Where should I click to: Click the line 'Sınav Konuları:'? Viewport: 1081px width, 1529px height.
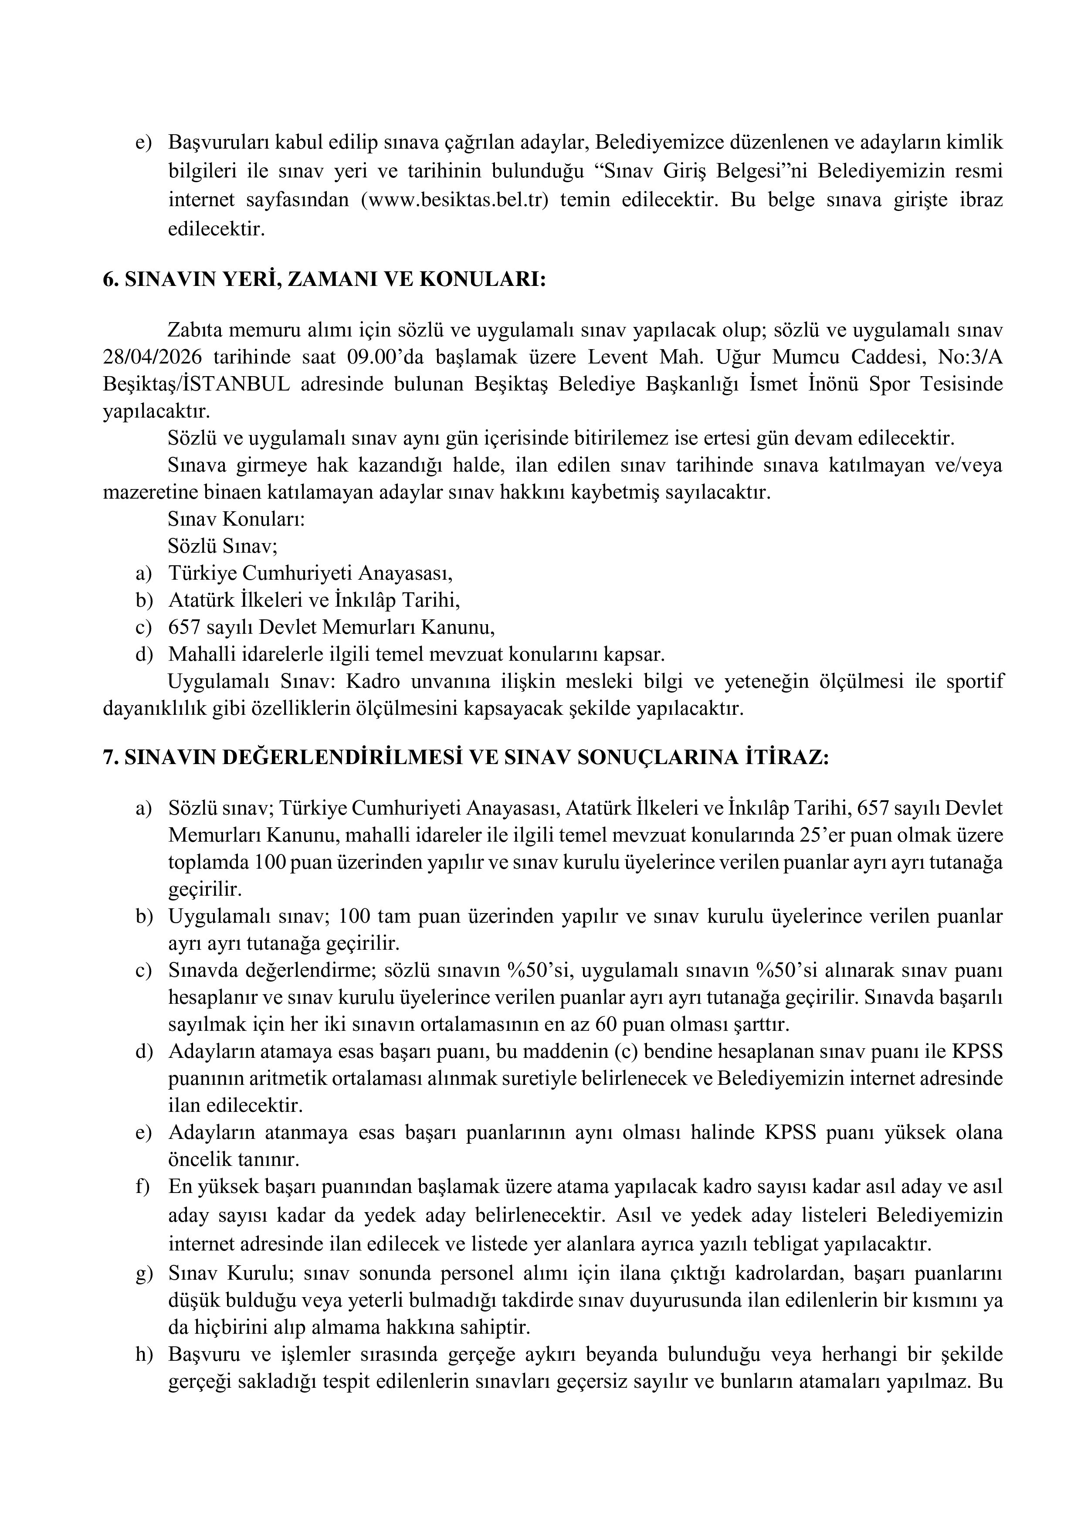pos(236,520)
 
